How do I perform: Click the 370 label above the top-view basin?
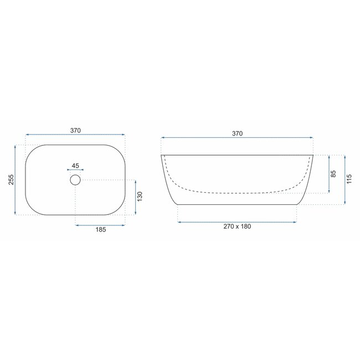pyautogui.click(x=76, y=130)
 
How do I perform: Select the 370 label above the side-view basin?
pyautogui.click(x=237, y=133)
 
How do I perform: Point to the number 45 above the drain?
pyautogui.click(x=76, y=165)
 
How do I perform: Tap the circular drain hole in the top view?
pyautogui.click(x=75, y=179)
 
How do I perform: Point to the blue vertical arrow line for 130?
pyautogui.click(x=135, y=197)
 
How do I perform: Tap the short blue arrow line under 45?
pyautogui.click(x=76, y=170)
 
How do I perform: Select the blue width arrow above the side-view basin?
pyautogui.click(x=237, y=138)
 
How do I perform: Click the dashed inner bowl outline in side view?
pyautogui.click(x=238, y=192)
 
